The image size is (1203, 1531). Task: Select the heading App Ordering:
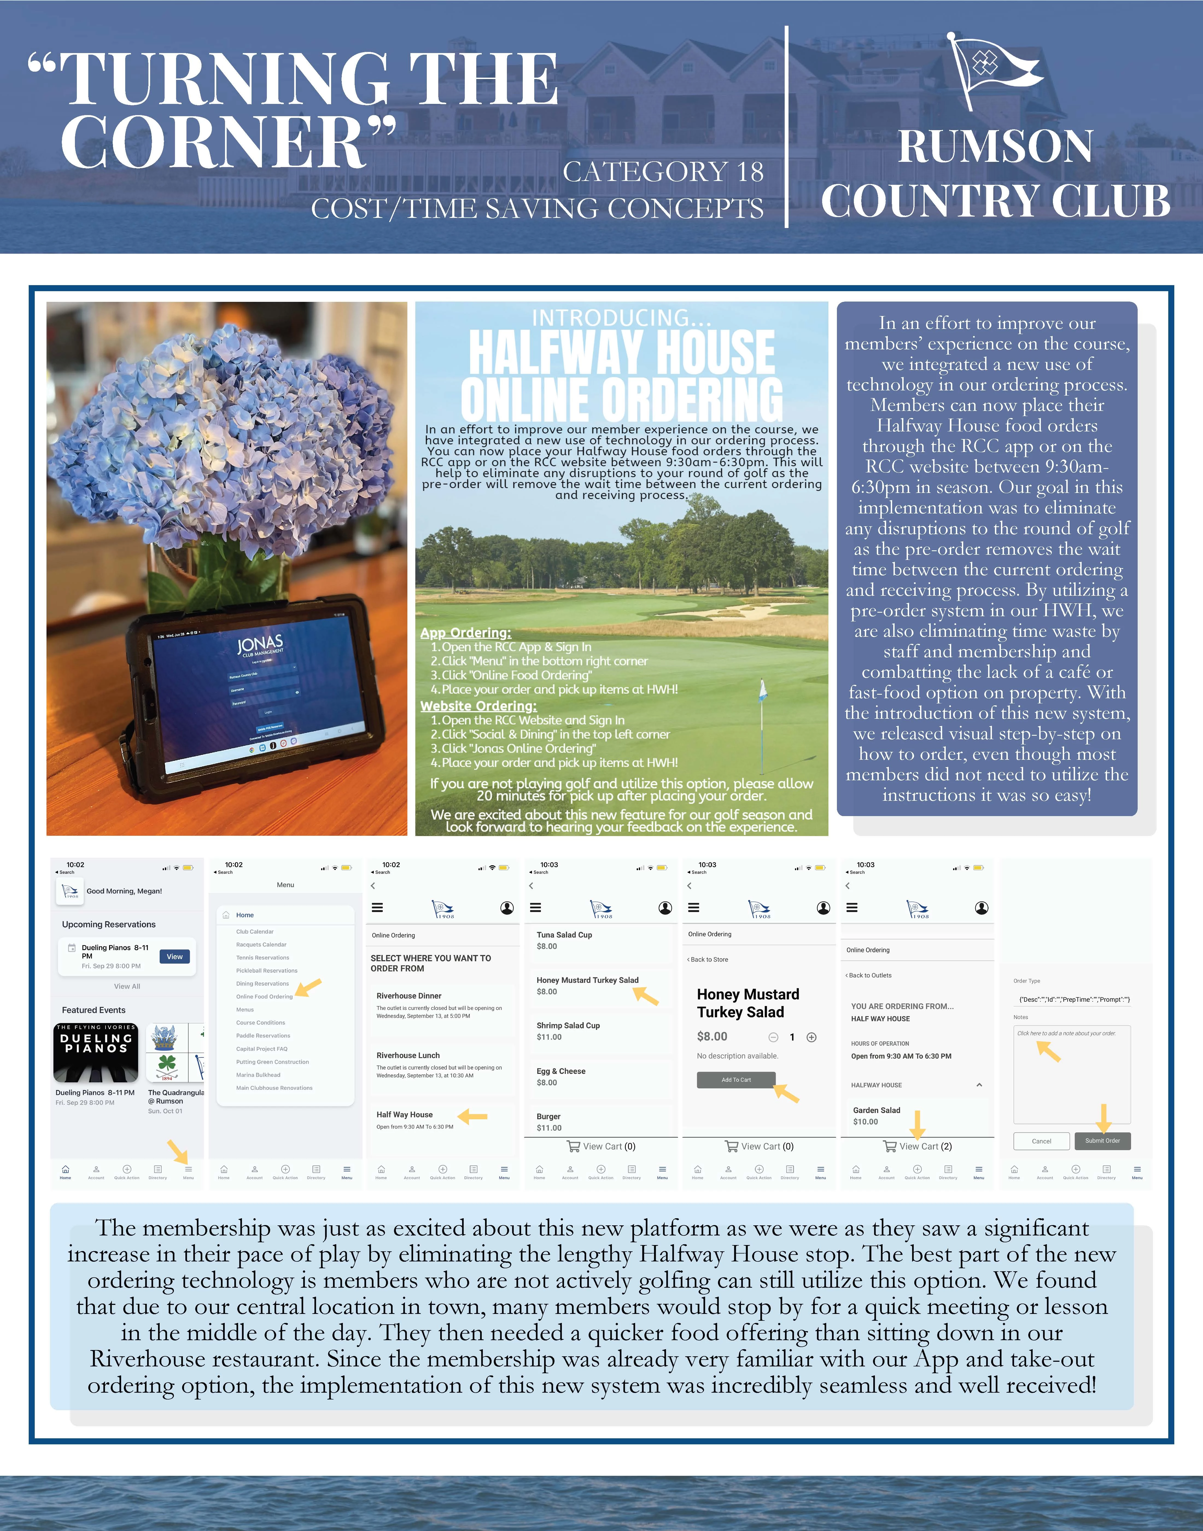(466, 632)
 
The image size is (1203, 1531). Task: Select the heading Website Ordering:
(478, 706)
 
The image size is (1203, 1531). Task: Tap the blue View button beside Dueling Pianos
(175, 956)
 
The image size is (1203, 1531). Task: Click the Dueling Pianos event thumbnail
(96, 1053)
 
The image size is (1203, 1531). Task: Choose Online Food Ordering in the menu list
(264, 997)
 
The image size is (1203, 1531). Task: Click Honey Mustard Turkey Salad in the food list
(587, 980)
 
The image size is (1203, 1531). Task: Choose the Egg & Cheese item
(561, 1071)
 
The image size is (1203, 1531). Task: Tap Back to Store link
(709, 959)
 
